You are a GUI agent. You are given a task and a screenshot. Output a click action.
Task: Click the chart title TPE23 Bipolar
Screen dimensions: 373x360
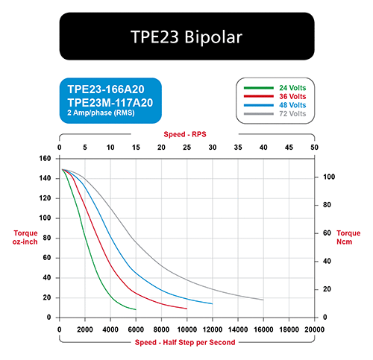point(186,37)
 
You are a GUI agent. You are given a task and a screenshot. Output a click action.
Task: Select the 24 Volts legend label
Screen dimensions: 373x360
point(292,88)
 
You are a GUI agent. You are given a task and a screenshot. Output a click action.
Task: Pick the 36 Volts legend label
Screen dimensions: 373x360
point(292,97)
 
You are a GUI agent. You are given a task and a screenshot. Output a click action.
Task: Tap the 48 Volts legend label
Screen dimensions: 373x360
point(292,105)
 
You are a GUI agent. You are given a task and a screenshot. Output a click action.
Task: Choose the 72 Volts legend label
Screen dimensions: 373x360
point(292,114)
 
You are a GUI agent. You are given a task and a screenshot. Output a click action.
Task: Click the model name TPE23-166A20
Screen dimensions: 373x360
point(106,89)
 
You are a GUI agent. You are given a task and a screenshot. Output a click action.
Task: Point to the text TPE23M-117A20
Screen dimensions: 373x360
point(110,103)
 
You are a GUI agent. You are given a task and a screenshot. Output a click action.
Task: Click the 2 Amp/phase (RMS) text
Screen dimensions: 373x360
point(101,113)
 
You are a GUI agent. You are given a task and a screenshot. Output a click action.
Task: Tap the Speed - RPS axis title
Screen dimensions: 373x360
point(185,134)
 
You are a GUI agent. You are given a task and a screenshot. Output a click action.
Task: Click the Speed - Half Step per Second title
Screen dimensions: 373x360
point(185,342)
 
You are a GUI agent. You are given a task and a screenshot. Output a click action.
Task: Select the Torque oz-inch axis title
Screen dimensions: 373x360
point(25,237)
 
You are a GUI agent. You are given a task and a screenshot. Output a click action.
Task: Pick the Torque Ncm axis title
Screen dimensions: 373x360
point(348,237)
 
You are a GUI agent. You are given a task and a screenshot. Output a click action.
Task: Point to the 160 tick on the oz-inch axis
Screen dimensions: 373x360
point(45,159)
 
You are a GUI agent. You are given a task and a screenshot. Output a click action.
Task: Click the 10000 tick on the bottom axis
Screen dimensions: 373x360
point(187,329)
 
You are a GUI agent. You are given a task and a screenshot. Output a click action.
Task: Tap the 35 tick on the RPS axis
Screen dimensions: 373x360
point(238,148)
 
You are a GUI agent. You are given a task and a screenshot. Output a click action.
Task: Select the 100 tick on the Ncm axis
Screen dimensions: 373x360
point(329,177)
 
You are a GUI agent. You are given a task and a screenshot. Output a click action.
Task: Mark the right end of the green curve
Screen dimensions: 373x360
point(136,309)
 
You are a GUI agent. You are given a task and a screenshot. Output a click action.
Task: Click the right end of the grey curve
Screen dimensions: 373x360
point(263,300)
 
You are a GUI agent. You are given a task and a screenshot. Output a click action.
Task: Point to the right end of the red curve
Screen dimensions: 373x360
point(186,309)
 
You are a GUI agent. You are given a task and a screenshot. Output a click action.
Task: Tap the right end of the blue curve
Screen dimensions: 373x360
point(213,303)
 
